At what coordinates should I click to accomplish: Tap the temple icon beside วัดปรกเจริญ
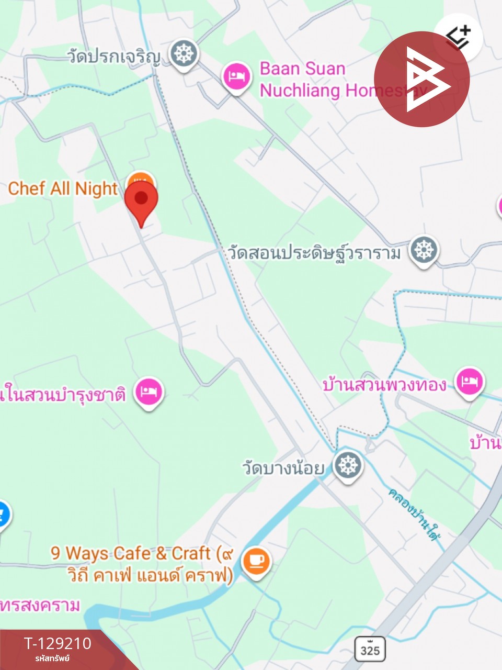point(184,54)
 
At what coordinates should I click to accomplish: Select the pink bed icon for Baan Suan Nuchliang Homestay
point(237,77)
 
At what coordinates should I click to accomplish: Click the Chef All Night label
point(63,188)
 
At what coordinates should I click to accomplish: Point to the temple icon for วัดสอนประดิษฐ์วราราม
point(424,250)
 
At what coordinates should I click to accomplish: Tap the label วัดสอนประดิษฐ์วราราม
point(314,253)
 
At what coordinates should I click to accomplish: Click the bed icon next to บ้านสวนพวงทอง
point(469,382)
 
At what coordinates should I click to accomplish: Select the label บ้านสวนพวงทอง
point(384,385)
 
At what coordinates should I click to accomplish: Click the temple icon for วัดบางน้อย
point(348,465)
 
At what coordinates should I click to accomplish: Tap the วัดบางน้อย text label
point(283,467)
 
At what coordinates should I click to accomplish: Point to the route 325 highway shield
point(370,649)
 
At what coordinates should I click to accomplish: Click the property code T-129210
point(58,643)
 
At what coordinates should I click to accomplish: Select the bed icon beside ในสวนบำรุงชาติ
point(149,392)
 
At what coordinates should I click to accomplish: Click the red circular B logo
point(421,79)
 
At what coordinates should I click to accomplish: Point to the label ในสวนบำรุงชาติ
point(63,394)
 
